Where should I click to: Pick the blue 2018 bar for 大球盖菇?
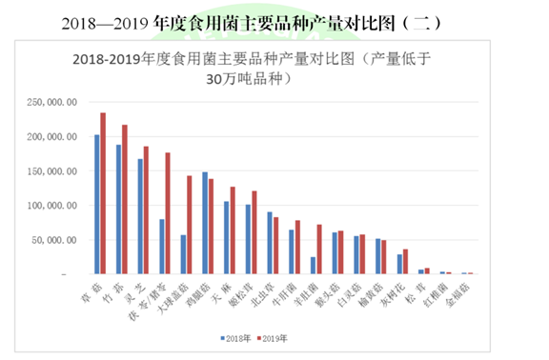(183, 254)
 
